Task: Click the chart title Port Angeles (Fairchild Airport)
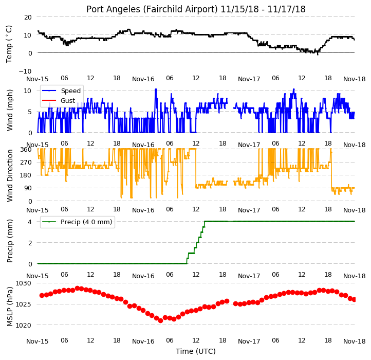pos(152,9)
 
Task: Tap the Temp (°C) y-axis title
pos(9,44)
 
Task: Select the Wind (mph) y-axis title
pos(9,110)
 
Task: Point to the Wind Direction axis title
pos(9,175)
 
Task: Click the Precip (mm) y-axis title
pos(9,241)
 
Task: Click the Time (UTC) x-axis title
pos(196,351)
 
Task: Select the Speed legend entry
pos(71,91)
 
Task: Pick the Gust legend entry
pos(68,101)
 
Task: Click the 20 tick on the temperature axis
pos(28,17)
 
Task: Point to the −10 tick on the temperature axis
pos(25,71)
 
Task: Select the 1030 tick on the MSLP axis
pos(24,283)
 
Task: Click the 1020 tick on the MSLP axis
pos(24,325)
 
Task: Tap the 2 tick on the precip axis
pos(30,243)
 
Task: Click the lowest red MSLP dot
pos(160,321)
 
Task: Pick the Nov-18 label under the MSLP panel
pos(355,341)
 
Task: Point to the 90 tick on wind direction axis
pos(28,188)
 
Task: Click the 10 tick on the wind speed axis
pos(28,91)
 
